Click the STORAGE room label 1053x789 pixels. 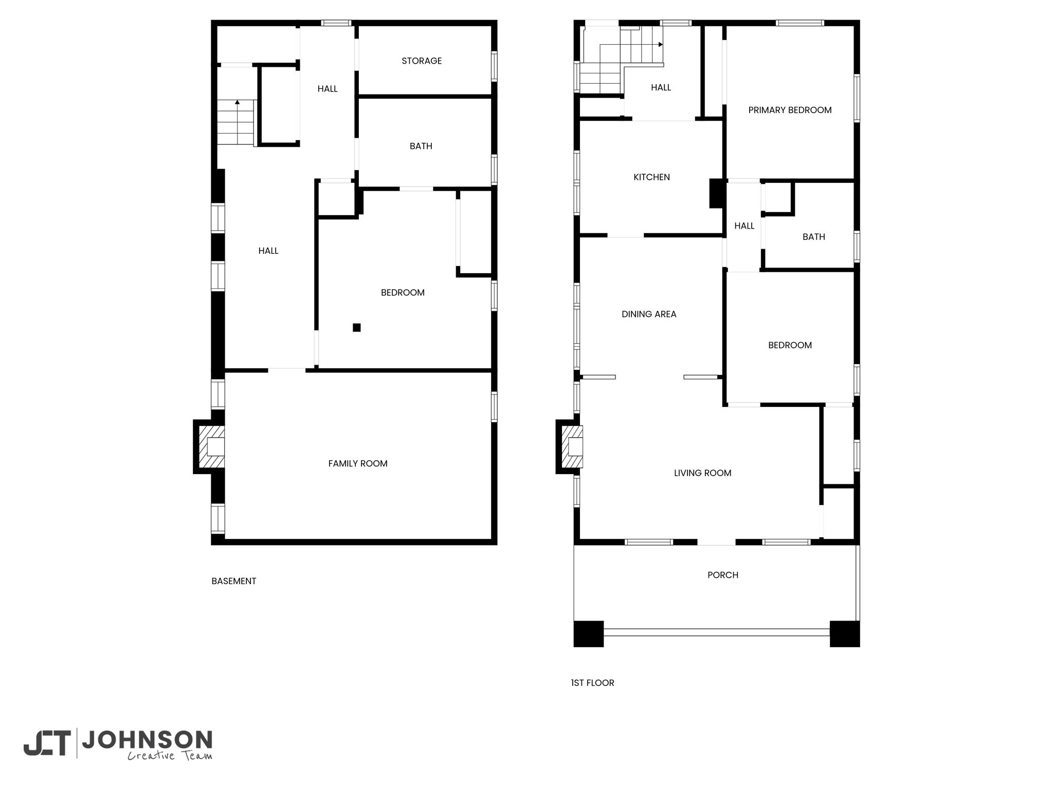click(422, 61)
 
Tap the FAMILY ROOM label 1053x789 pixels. click(358, 463)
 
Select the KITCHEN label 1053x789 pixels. click(651, 177)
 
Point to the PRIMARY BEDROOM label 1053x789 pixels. click(790, 110)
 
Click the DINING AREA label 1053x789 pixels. click(649, 314)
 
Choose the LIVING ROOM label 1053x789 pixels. click(702, 473)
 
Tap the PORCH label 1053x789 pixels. click(723, 575)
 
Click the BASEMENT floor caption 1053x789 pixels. click(234, 581)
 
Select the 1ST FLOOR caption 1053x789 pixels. click(592, 683)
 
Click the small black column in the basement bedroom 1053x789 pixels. click(357, 327)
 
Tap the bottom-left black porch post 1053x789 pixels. click(589, 634)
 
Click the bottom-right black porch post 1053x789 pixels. click(845, 634)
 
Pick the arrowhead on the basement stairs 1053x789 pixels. click(237, 102)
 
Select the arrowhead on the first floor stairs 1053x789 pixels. click(661, 45)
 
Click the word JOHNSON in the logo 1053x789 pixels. click(148, 740)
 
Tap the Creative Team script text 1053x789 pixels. click(170, 756)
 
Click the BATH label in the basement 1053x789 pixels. click(421, 146)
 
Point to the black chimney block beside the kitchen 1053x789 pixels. click(717, 193)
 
